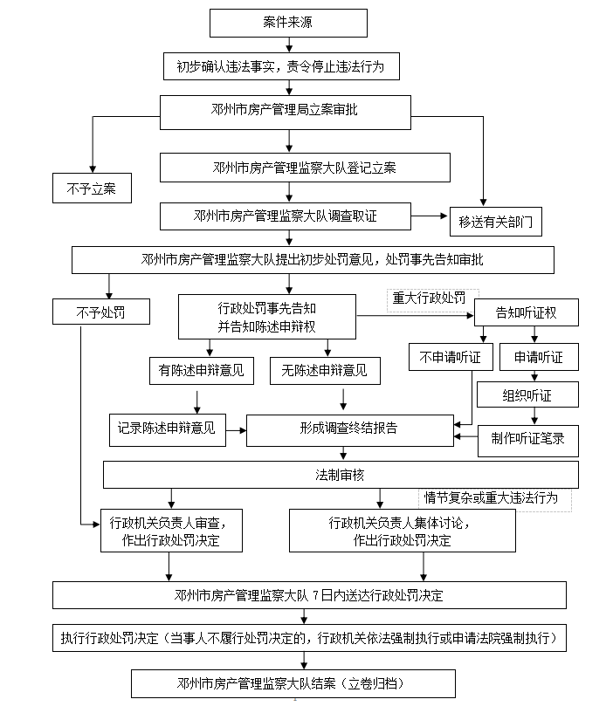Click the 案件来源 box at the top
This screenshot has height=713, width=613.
288,22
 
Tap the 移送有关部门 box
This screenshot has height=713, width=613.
494,222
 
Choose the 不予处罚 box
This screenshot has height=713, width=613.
100,312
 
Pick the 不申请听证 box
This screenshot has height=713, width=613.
451,357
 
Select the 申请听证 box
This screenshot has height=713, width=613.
539,357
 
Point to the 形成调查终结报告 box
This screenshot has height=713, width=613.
348,428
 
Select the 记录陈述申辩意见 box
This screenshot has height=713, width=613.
166,428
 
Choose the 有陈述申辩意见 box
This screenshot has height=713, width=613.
202,371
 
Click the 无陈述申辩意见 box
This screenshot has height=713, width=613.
325,371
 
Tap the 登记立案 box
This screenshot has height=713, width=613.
305,167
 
